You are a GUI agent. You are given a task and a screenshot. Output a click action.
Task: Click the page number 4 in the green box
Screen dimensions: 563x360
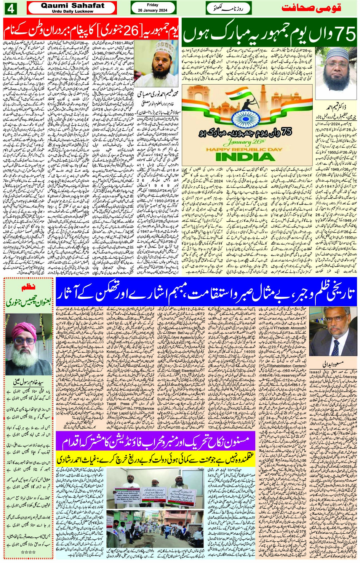coord(10,8)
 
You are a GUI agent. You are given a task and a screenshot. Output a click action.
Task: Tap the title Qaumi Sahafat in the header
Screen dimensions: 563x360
coord(72,5)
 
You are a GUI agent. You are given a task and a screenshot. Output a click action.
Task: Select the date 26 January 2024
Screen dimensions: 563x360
coord(152,10)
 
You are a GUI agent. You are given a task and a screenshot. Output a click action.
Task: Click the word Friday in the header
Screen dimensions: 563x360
coord(152,5)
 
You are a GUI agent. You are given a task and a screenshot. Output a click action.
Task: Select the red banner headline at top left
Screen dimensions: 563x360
coord(91,28)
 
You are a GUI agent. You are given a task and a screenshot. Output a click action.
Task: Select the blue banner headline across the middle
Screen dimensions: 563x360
coord(206,292)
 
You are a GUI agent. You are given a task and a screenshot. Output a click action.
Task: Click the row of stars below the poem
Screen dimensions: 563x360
coord(28,552)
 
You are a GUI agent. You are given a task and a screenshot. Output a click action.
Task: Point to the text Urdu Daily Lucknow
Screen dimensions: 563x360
coord(72,11)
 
